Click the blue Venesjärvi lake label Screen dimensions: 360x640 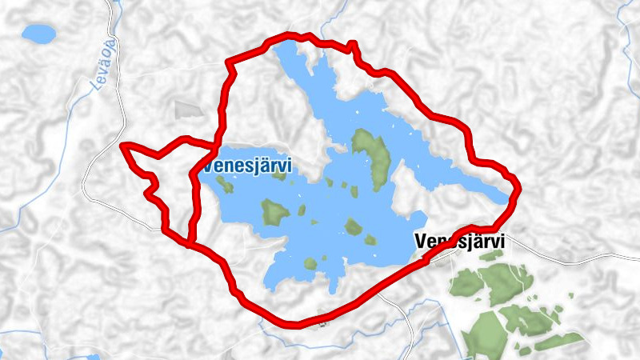coord(247,166)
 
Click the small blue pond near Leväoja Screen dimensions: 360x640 coord(38,34)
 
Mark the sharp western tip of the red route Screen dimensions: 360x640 coord(122,146)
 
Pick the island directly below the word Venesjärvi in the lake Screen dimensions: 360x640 coord(274,212)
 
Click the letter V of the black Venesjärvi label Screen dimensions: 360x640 coord(421,241)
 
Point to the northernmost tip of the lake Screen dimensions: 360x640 coord(279,46)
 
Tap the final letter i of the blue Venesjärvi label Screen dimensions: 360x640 coord(288,165)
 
